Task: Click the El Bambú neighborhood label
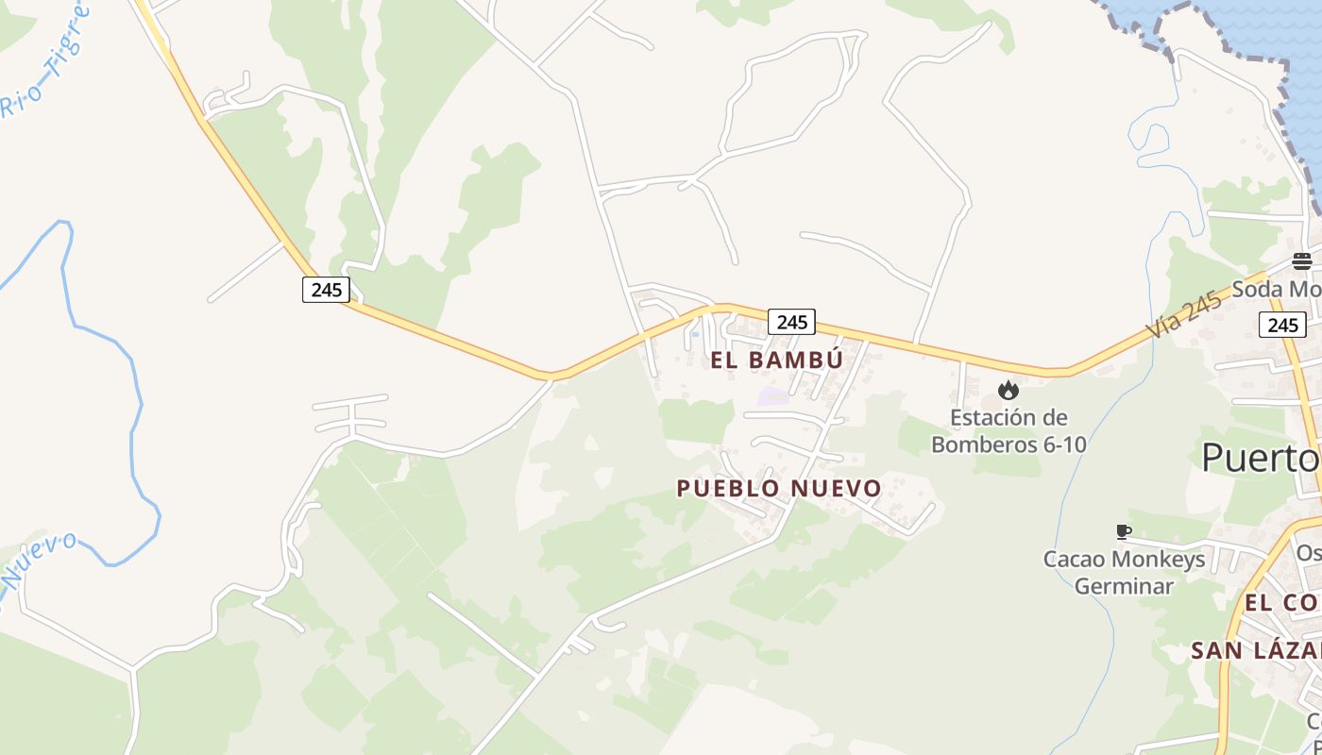(776, 360)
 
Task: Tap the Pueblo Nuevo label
(779, 488)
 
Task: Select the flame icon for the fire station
(1008, 390)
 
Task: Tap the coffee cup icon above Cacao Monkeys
(1123, 532)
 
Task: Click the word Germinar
(1124, 585)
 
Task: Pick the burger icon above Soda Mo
(1302, 261)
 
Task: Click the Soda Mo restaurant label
(1290, 289)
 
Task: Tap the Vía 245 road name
(1185, 315)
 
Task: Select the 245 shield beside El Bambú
(791, 322)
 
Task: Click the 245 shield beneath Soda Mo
(1282, 325)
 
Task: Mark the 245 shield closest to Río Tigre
(326, 289)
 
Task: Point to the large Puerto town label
(1261, 458)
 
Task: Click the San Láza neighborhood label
(1256, 650)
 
